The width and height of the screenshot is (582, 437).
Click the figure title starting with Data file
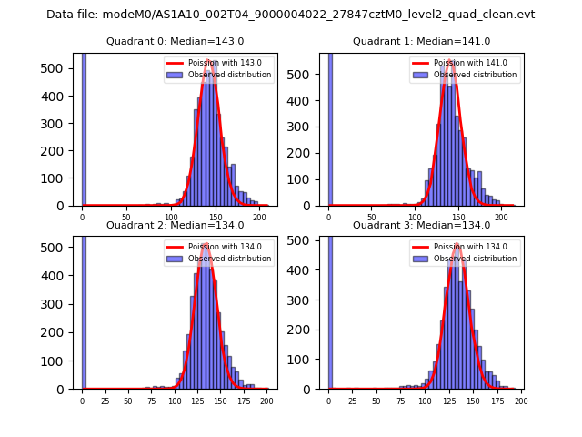tap(291, 15)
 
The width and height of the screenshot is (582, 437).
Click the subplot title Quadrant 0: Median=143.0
tap(175, 41)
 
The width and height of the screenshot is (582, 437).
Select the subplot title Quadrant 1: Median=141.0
tap(421, 41)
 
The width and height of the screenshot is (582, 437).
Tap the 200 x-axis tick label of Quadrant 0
tap(259, 218)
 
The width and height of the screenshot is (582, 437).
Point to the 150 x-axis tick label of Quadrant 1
tap(458, 218)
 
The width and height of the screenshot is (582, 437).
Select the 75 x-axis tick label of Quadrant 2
tap(151, 401)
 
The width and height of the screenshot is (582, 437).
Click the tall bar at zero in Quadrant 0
tap(84, 127)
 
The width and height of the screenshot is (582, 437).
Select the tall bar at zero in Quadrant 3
tap(330, 310)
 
